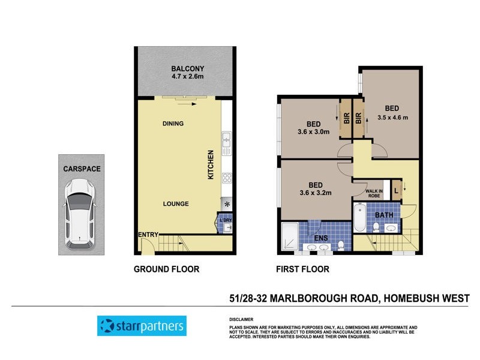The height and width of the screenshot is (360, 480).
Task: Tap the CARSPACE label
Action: click(82, 169)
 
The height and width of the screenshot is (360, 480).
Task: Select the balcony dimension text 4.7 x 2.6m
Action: click(185, 77)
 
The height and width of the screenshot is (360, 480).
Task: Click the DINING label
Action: click(173, 124)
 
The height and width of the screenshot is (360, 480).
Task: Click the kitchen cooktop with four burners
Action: click(227, 178)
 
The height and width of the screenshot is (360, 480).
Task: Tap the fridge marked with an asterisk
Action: click(227, 204)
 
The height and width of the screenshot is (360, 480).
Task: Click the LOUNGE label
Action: click(176, 204)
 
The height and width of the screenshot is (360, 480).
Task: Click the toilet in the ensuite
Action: click(340, 244)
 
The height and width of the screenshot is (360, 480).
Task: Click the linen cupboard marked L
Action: click(397, 191)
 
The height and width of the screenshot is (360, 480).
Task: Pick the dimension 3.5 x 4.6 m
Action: click(392, 118)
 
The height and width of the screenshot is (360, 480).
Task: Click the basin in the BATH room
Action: click(391, 227)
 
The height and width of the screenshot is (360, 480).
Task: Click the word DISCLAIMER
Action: click(241, 319)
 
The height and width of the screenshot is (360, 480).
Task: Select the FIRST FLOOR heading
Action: click(302, 269)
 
